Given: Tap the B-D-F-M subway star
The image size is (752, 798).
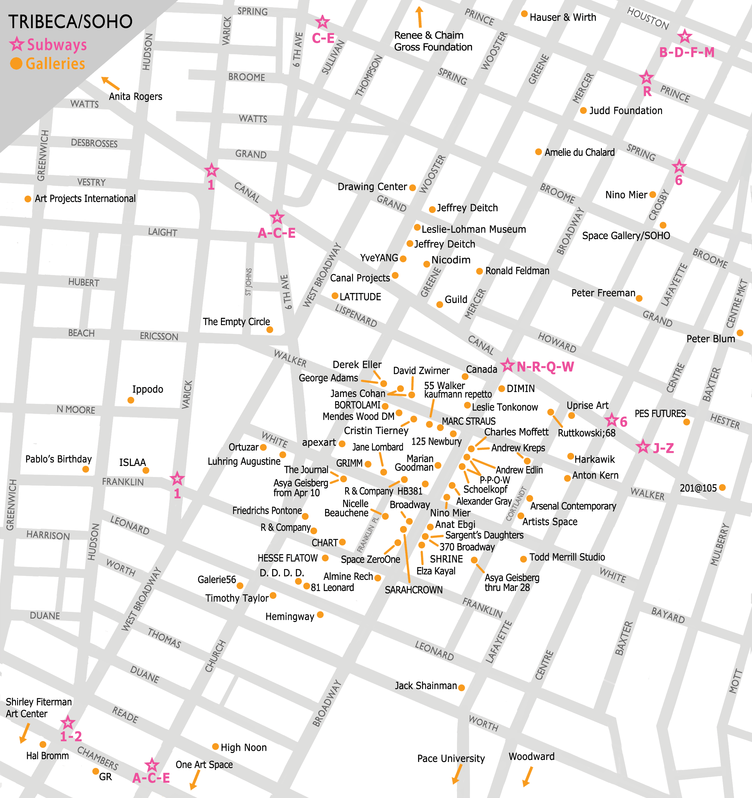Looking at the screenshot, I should (684, 37).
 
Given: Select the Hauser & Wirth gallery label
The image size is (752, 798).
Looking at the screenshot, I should (563, 17).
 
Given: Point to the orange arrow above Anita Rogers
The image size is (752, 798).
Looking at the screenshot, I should (110, 83).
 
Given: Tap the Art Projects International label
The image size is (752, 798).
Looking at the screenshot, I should (85, 199).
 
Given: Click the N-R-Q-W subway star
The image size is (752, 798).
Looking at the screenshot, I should (507, 365).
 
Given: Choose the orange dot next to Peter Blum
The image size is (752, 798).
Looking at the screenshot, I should (740, 333).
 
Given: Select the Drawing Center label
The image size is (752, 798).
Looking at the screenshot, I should (372, 187).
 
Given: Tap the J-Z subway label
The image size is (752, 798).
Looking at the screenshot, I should (663, 448).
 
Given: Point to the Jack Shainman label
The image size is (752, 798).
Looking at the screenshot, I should (426, 686).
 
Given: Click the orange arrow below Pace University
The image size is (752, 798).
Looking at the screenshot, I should (456, 774).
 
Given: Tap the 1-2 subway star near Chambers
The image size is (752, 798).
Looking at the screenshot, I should (68, 723).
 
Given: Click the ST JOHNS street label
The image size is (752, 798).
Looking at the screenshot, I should (248, 282).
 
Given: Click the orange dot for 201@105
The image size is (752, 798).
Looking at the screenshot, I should (722, 488).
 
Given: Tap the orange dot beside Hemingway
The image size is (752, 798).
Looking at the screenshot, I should (320, 615).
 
